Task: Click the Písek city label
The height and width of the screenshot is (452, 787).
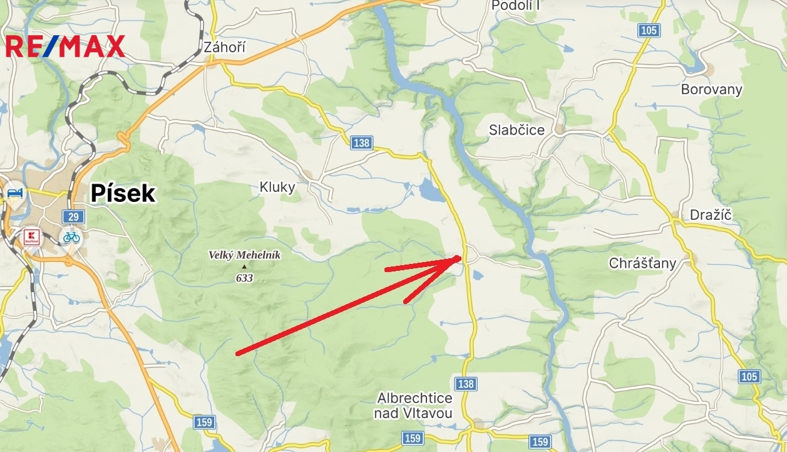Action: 123,194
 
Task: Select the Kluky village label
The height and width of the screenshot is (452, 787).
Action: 277,187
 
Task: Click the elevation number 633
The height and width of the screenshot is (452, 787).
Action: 244,278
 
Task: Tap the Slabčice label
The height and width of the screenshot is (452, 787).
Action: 517,130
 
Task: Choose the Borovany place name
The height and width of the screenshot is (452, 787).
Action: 711,89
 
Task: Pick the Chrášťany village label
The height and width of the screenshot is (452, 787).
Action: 642,263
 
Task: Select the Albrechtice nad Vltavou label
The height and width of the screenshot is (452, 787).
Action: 414,406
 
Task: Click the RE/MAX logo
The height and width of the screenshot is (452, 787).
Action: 65,46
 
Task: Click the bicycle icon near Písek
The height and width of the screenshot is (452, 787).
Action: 71,237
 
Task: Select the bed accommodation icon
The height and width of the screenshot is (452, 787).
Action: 13,192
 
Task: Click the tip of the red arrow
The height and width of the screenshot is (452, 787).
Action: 461,256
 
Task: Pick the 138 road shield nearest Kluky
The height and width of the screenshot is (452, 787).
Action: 361,143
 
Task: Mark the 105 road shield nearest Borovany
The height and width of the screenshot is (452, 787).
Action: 649,30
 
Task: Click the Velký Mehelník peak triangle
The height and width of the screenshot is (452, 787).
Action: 244,266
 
